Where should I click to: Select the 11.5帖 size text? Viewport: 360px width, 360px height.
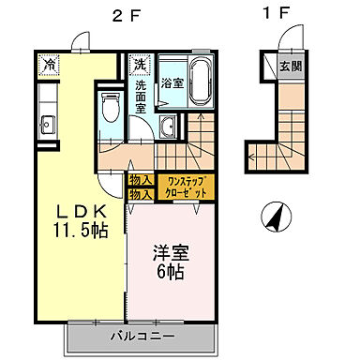point(79,228)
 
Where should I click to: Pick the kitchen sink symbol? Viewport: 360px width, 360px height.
point(45,123)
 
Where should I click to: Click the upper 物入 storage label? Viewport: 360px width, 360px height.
point(141,179)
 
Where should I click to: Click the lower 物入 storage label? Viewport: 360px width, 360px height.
point(141,193)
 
